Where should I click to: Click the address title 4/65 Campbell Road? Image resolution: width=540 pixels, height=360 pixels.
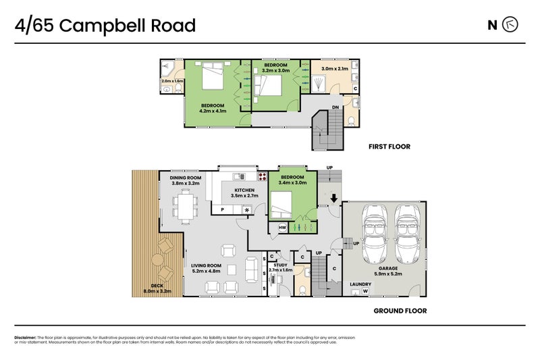pyautogui.click(x=105, y=26)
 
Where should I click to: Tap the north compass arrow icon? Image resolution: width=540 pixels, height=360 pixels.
pyautogui.click(x=511, y=26)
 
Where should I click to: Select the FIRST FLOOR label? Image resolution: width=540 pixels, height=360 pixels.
pyautogui.click(x=389, y=147)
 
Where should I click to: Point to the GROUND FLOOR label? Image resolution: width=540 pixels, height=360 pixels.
pyautogui.click(x=400, y=311)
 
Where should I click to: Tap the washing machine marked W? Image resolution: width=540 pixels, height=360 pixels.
pyautogui.click(x=365, y=292)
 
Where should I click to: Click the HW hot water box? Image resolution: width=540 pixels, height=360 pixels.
pyautogui.click(x=282, y=228)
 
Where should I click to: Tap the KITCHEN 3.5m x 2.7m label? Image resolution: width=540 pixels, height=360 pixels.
pyautogui.click(x=244, y=193)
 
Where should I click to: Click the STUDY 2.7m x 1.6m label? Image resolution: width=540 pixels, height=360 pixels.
pyautogui.click(x=280, y=267)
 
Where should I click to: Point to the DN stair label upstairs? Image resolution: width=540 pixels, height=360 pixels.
pyautogui.click(x=335, y=107)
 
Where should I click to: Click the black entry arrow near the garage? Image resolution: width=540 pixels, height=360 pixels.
pyautogui.click(x=333, y=198)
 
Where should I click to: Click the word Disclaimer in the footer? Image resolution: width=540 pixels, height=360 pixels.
pyautogui.click(x=25, y=337)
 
